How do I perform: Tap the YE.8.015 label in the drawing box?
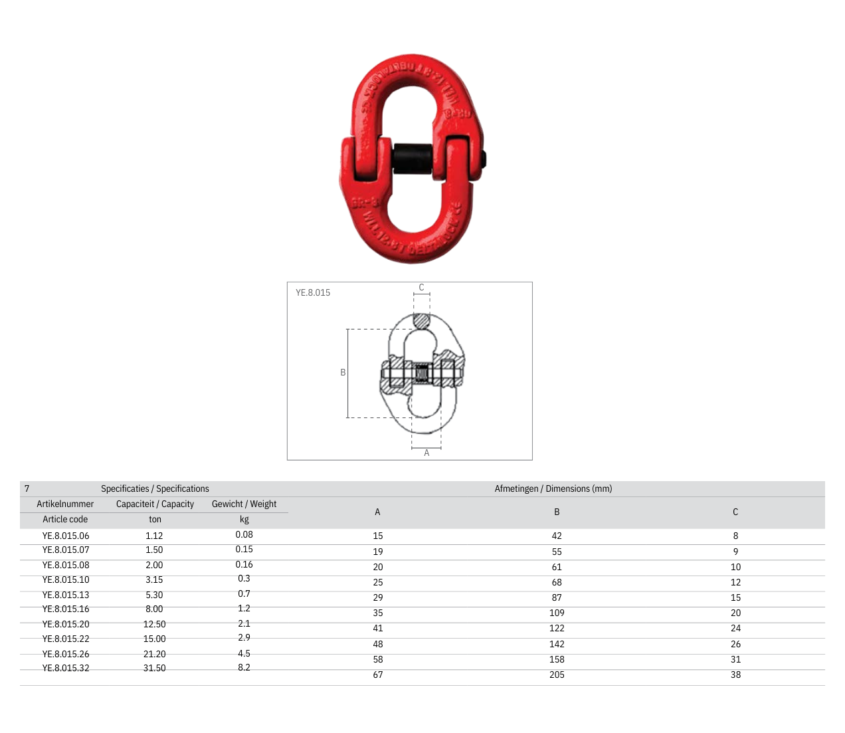click(313, 292)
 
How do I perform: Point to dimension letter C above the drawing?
click(421, 288)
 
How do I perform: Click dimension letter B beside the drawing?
click(343, 373)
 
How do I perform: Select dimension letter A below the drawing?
click(426, 453)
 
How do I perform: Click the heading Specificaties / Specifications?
click(155, 488)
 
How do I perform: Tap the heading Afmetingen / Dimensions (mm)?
click(553, 488)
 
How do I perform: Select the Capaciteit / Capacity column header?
click(155, 504)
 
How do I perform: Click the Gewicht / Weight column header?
click(244, 504)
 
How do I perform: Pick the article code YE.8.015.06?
click(66, 536)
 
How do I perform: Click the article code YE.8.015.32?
click(66, 668)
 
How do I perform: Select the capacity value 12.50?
click(154, 624)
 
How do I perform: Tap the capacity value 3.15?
click(154, 579)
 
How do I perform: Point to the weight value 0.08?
click(244, 534)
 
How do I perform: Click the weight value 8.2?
click(244, 667)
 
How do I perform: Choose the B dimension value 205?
click(557, 675)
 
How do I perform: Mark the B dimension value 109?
click(557, 613)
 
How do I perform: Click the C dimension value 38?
click(735, 675)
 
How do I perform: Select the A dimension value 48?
click(377, 644)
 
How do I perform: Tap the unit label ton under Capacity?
click(155, 520)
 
